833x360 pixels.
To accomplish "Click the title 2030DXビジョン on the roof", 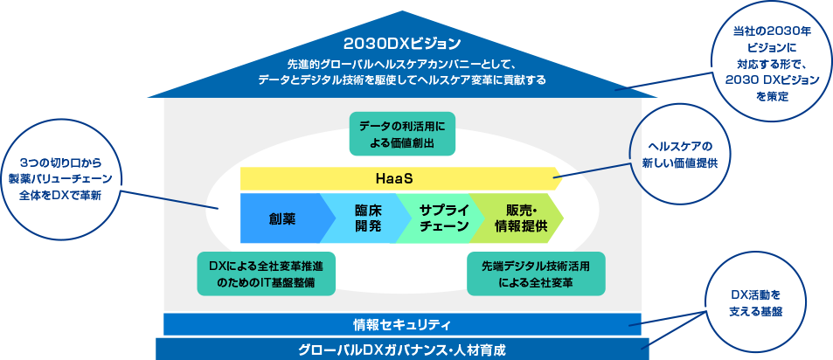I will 402,44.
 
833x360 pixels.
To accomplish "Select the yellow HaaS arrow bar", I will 472,178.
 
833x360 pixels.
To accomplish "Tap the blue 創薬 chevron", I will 282,218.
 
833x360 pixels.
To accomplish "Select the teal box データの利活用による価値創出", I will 403,134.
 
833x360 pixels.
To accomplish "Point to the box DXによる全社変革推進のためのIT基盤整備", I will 267,273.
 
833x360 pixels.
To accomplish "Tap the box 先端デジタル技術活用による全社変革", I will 536,273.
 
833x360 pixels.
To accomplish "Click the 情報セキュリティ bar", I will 402,324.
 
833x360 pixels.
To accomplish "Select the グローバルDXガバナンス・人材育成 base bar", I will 402,349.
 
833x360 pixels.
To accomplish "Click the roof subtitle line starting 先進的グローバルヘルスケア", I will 402,65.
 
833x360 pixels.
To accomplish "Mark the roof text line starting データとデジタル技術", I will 402,80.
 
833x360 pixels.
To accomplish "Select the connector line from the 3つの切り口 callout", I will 170,198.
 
